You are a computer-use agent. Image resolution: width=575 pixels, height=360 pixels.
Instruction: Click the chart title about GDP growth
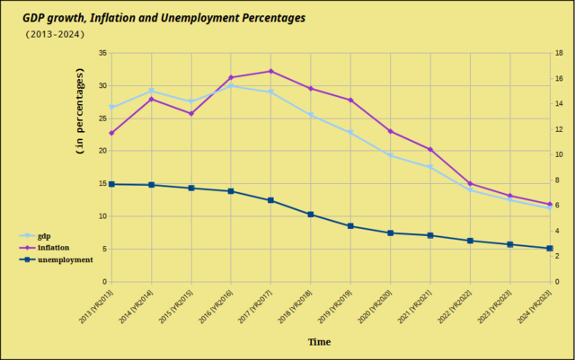tap(164, 17)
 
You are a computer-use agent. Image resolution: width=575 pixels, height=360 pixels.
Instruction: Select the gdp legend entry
tap(44, 235)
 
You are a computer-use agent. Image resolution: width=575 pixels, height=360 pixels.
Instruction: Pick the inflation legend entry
tap(53, 247)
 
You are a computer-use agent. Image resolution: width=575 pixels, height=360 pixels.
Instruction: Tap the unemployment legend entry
tap(65, 259)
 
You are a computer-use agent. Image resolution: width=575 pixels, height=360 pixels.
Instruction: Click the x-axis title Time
tap(319, 341)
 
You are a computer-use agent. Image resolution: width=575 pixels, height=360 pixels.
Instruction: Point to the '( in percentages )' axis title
tap(80, 117)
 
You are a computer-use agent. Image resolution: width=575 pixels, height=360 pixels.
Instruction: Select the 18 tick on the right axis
tap(559, 53)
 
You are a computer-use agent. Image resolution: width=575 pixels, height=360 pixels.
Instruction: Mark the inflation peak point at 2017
tap(270, 71)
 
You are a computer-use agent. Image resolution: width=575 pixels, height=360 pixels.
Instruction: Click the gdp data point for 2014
tap(151, 91)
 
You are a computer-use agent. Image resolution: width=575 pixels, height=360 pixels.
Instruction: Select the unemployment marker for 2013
tap(111, 184)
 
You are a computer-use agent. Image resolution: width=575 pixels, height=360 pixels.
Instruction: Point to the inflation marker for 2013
tap(111, 133)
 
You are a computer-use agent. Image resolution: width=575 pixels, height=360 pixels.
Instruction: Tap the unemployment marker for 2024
tap(549, 249)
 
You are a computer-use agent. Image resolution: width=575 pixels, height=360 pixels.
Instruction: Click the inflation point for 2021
tap(430, 149)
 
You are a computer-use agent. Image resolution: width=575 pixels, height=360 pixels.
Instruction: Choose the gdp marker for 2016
tap(231, 85)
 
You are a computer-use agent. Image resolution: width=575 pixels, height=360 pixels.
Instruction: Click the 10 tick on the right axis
tap(559, 154)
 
